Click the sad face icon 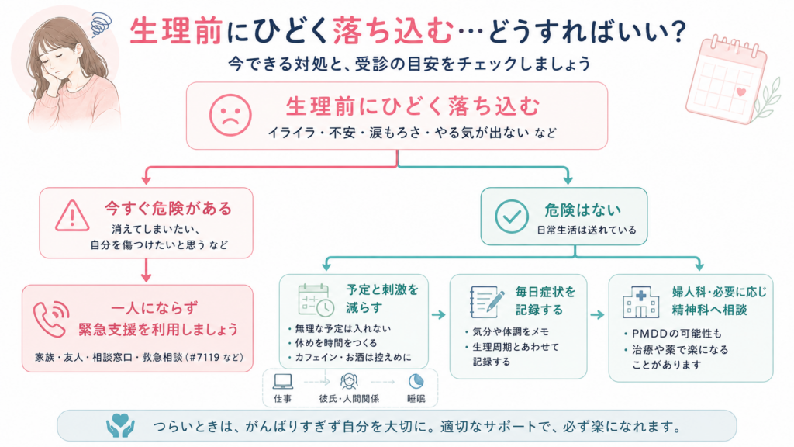tap(230, 115)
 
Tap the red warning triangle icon tap(72, 216)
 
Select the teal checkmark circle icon tap(512, 217)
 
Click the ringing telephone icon tap(51, 318)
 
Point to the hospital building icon tap(640, 302)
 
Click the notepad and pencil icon tap(487, 302)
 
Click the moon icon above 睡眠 tap(416, 381)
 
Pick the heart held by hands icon tap(120, 425)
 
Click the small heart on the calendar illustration tap(740, 92)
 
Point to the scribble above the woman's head tap(102, 24)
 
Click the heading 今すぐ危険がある tap(168, 208)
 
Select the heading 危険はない tap(582, 210)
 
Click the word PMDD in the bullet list tap(650, 334)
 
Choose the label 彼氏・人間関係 tap(349, 398)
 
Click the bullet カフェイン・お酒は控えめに tap(353, 357)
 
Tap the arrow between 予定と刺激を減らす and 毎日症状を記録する tap(439, 315)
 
